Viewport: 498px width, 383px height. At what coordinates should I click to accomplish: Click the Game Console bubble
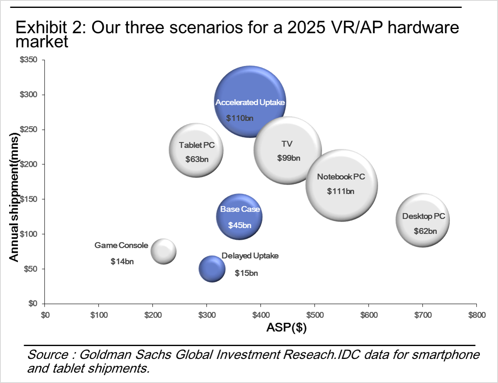(163, 251)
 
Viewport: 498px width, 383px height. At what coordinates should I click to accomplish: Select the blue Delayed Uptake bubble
(212, 268)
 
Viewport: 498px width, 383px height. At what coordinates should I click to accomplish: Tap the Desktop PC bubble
(423, 220)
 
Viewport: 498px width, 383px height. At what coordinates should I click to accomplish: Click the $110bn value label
(240, 118)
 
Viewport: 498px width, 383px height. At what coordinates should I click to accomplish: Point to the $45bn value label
(240, 225)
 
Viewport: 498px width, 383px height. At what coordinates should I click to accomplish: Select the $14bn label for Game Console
(122, 261)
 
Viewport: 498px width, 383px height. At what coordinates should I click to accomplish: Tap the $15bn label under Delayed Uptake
(247, 273)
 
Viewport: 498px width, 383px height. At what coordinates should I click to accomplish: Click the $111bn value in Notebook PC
(341, 191)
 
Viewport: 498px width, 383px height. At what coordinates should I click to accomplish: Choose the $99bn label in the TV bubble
(288, 158)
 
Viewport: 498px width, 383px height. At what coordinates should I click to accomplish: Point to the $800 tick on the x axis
(476, 315)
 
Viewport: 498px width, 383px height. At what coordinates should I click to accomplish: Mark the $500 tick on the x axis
(315, 315)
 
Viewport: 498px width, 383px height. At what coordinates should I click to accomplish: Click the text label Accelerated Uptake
(250, 102)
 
